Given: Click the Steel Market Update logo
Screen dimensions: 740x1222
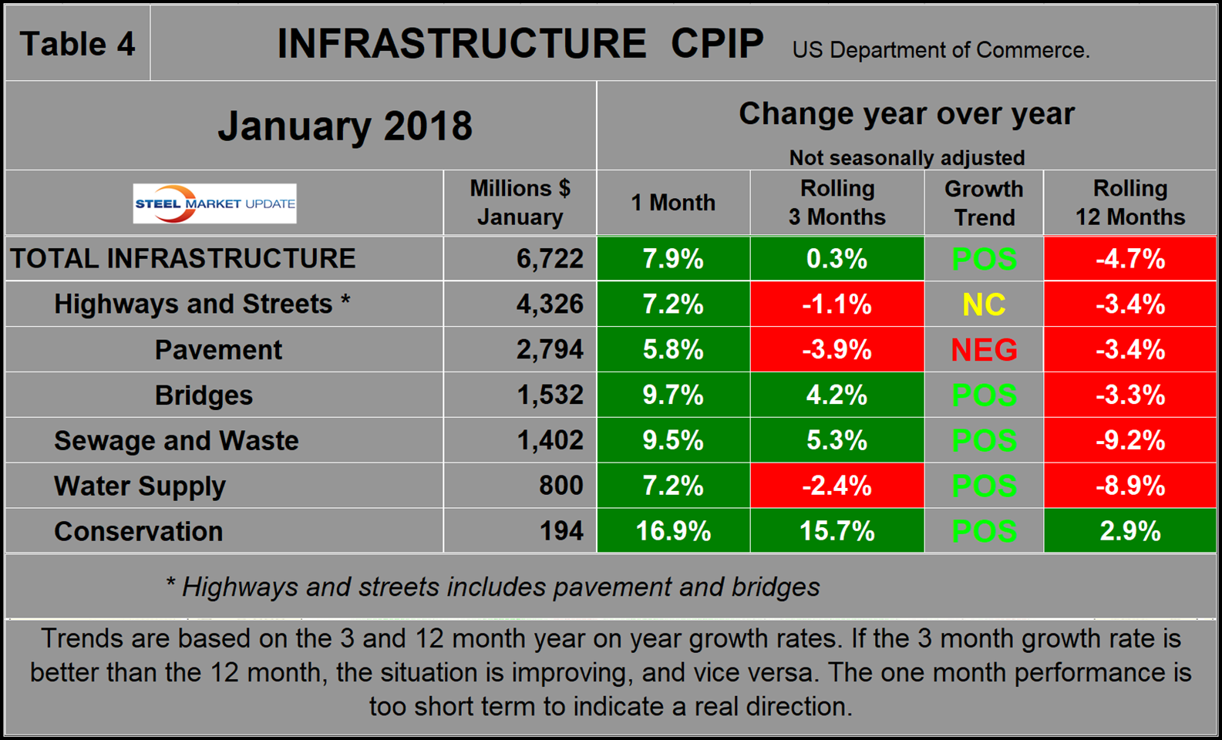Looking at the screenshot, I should click(x=214, y=203).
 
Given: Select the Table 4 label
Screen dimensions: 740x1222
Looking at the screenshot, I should click(x=77, y=44).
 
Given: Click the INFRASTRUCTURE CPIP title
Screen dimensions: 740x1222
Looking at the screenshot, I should click(x=520, y=44).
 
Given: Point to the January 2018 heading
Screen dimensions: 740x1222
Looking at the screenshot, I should click(x=345, y=126).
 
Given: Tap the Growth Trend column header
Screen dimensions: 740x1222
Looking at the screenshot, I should click(x=984, y=203).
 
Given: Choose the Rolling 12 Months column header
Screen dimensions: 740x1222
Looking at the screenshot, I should click(x=1130, y=203).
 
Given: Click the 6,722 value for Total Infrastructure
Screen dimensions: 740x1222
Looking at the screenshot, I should click(x=550, y=258).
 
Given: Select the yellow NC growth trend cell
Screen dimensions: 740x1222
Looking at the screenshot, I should click(x=984, y=304).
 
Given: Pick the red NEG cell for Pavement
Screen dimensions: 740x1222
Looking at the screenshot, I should click(x=984, y=350).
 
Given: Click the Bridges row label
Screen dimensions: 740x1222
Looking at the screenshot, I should click(x=204, y=395).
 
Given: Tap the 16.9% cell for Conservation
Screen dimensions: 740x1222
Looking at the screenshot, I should click(x=673, y=531).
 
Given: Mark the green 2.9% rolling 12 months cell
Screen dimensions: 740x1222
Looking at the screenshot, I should click(x=1130, y=531).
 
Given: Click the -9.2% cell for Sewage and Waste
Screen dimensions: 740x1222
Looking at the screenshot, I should click(x=1130, y=440).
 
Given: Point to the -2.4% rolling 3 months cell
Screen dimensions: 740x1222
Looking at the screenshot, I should click(x=837, y=486).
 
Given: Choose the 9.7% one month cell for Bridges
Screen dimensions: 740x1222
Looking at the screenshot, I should click(x=673, y=395).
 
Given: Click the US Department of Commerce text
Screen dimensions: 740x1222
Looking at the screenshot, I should click(x=941, y=50).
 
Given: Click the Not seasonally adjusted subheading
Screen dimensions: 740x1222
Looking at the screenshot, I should click(x=907, y=158).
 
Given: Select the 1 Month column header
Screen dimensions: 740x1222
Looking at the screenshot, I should click(x=673, y=203).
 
